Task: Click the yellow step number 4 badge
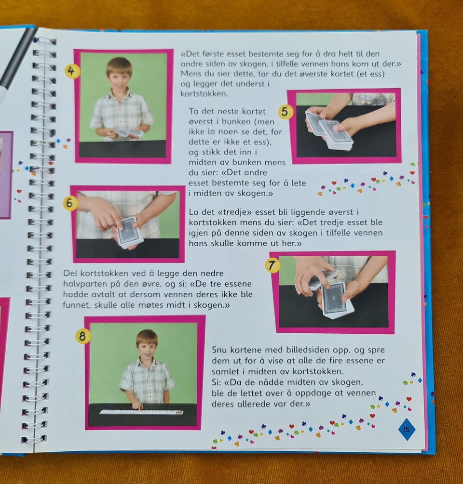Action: point(72,72)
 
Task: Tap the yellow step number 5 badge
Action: point(285,112)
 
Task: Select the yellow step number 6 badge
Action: point(70,203)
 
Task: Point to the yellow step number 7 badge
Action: point(272,266)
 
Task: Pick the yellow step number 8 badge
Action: point(82,336)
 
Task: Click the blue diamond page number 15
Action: point(407,429)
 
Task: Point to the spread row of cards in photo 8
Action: point(141,411)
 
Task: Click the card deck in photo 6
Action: point(130,232)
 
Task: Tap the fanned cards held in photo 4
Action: point(129,133)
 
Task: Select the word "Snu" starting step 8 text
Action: point(220,350)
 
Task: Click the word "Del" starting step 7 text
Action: point(70,273)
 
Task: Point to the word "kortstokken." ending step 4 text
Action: point(204,94)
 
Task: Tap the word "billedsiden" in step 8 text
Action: point(308,350)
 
